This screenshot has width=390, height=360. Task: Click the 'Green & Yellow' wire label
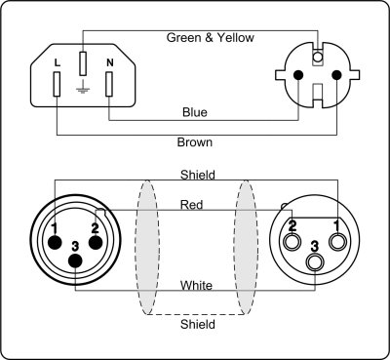211,38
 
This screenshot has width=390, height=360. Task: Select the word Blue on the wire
195,112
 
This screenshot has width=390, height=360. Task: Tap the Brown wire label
195,142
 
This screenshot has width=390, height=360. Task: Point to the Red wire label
192,205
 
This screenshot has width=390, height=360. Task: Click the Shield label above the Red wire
198,176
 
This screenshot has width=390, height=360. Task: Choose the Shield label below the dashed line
198,325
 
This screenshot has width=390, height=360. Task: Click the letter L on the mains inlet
58,63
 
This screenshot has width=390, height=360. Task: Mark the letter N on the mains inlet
108,63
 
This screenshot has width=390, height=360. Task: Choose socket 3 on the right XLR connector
314,261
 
